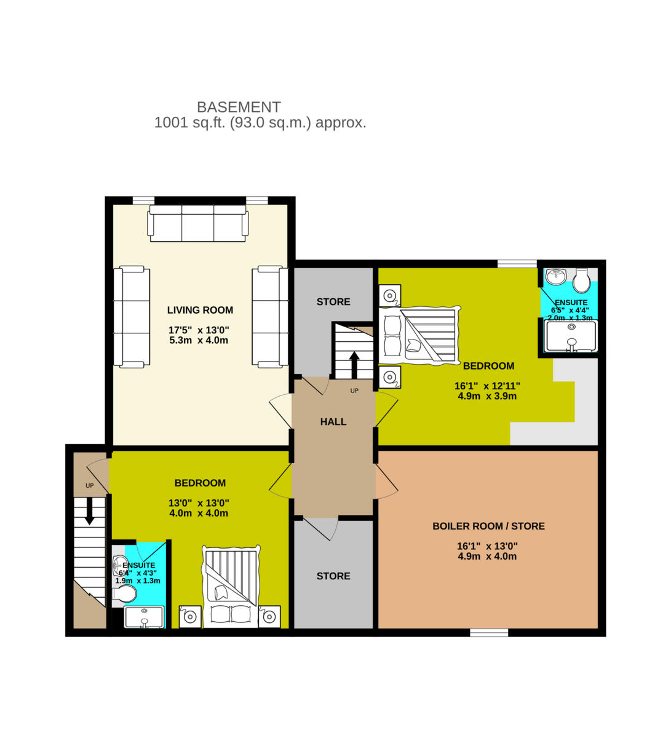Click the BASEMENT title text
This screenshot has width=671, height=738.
click(x=239, y=107)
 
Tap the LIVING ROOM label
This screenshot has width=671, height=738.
click(x=200, y=311)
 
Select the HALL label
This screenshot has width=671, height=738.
click(x=333, y=422)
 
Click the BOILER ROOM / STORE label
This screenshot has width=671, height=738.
click(x=488, y=526)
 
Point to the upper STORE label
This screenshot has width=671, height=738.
click(x=333, y=302)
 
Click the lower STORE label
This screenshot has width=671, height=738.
click(x=333, y=576)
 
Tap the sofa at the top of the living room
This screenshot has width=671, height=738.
click(x=198, y=223)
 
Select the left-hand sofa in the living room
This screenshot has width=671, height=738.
click(x=132, y=317)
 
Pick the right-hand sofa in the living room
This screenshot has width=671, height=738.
click(x=269, y=317)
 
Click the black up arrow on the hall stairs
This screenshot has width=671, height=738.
click(x=354, y=364)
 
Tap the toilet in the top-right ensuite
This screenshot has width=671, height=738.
click(x=581, y=282)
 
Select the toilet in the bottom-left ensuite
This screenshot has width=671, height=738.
click(x=125, y=594)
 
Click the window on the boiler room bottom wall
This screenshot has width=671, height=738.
click(x=489, y=632)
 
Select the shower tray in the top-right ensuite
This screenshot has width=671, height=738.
click(x=571, y=336)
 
